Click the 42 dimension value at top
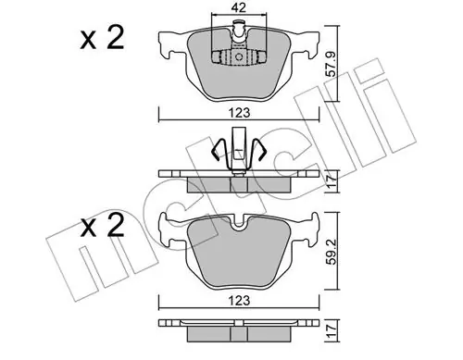239,7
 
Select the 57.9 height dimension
332,64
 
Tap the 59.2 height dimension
332,251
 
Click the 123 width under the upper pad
240,113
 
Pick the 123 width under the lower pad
240,300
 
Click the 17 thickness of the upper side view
332,182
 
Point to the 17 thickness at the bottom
332,331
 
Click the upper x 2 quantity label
102,38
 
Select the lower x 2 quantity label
102,226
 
